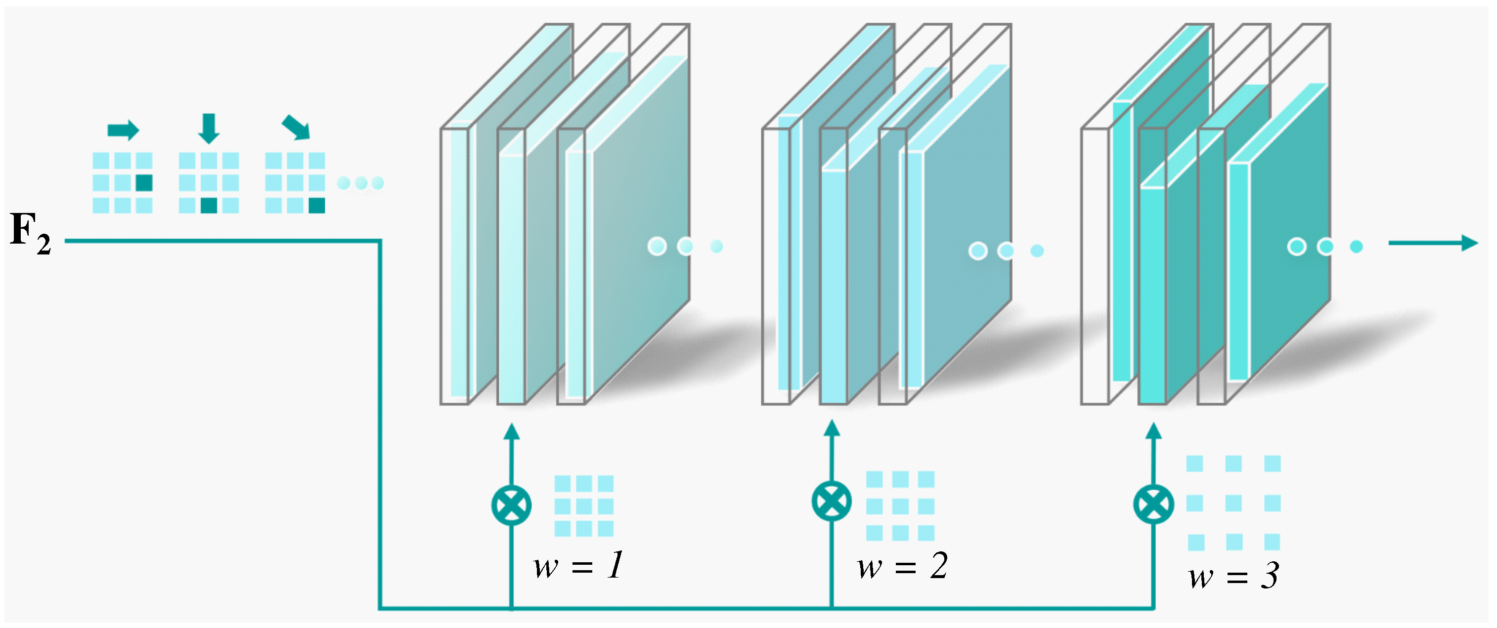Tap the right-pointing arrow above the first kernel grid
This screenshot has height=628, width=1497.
[123, 130]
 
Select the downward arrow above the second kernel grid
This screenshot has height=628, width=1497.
[209, 128]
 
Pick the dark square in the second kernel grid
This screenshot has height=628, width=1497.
[209, 205]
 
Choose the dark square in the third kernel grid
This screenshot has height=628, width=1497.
[317, 205]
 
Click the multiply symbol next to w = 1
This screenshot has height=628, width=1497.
[511, 505]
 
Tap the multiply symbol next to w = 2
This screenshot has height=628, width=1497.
[832, 501]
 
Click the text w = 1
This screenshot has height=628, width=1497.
[579, 565]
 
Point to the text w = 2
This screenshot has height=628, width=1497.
[902, 565]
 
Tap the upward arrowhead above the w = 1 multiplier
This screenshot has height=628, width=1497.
[511, 432]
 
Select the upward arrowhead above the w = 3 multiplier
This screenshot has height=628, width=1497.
[1153, 430]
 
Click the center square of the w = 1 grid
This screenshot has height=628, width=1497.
[584, 505]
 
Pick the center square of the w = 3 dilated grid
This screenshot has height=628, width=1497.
[1233, 503]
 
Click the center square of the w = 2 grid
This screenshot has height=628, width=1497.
[900, 506]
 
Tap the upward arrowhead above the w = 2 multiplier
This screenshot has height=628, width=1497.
[832, 428]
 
